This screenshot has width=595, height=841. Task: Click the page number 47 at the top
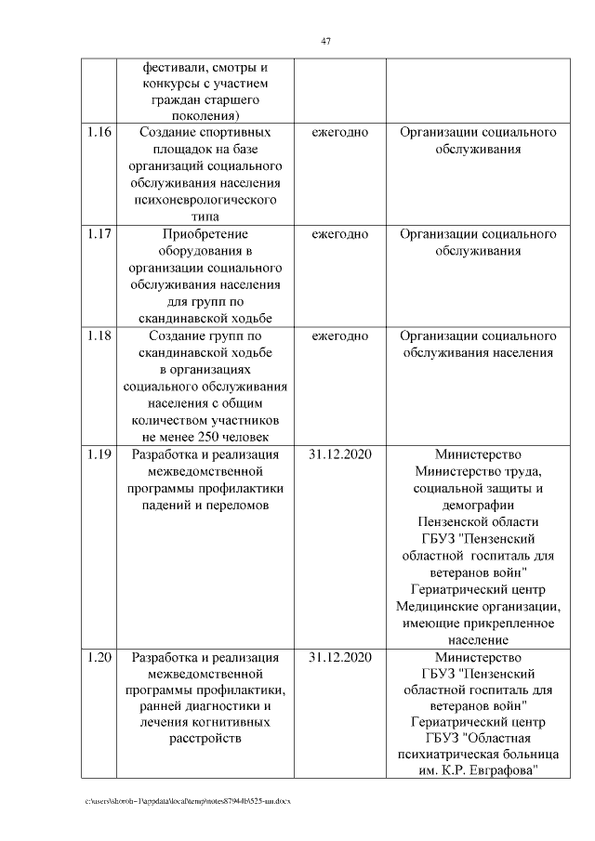(x=325, y=41)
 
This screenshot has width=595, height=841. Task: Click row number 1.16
(x=99, y=133)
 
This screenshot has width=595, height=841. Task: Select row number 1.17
(x=99, y=234)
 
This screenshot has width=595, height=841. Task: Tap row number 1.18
(x=99, y=335)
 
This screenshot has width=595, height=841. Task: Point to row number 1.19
(x=99, y=454)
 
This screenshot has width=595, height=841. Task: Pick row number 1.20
(x=99, y=658)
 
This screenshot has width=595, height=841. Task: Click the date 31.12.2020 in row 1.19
(x=339, y=454)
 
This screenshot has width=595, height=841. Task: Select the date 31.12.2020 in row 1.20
(x=339, y=658)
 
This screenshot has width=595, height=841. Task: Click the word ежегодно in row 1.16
(x=339, y=133)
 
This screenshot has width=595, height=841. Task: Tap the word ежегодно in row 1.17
(x=339, y=234)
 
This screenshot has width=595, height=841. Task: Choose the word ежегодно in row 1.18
(x=339, y=335)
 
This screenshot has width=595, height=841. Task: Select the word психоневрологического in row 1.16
(x=205, y=200)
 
